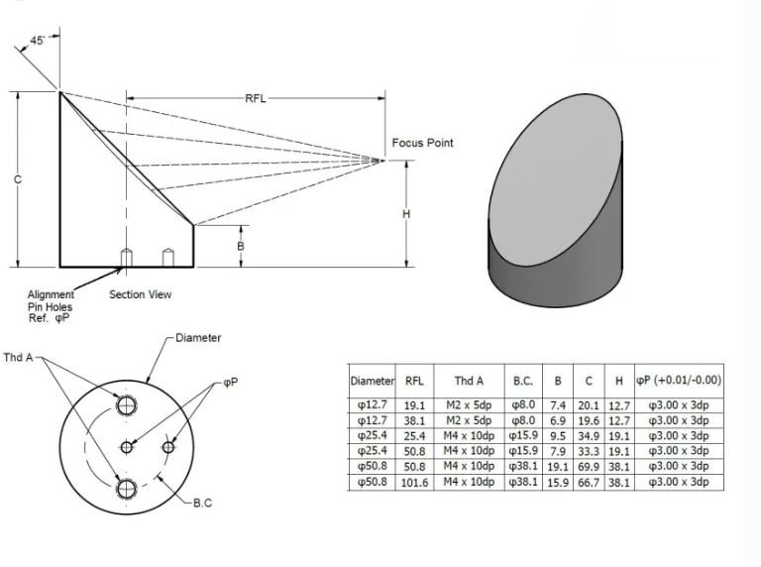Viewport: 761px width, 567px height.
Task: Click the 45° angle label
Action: coord(38,41)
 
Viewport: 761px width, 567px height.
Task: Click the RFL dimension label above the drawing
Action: coord(256,98)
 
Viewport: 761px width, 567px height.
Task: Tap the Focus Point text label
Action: coord(422,143)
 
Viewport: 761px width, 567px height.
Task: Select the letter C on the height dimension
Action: coord(18,179)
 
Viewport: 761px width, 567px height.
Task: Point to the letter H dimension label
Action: coord(406,214)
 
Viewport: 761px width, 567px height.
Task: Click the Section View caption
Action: coord(140,294)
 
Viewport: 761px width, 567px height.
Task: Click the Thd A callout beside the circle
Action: coord(18,357)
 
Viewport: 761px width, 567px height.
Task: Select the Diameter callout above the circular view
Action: coord(198,338)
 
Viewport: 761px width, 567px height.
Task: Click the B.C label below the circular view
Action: coord(201,503)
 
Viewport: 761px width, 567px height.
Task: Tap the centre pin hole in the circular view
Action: coord(127,447)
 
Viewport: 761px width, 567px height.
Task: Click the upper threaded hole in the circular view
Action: coord(126,404)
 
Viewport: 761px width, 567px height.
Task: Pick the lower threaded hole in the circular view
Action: coord(126,489)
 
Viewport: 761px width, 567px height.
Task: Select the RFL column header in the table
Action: coord(414,380)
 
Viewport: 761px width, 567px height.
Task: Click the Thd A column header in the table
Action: coord(469,380)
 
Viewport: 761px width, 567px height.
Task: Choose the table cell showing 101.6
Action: coord(414,482)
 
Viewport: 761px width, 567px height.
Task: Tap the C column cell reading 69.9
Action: coord(590,466)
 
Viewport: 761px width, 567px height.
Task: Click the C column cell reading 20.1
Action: coord(590,404)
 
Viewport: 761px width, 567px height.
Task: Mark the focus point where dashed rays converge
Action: coord(384,159)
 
